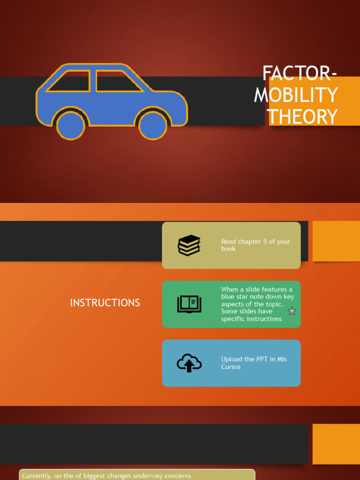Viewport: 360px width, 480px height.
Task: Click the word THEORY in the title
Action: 302,117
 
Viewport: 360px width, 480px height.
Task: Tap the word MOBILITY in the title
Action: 296,95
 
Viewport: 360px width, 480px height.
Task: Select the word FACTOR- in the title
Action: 300,74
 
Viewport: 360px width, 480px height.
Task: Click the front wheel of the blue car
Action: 153,125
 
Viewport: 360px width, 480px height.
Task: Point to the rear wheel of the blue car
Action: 71,125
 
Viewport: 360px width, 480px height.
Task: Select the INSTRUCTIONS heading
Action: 105,303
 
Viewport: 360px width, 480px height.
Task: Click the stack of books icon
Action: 189,245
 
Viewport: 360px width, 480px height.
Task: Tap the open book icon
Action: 189,304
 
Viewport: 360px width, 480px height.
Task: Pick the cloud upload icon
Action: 189,363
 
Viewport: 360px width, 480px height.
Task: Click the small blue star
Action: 292,311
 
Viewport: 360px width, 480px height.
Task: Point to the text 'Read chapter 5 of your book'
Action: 255,245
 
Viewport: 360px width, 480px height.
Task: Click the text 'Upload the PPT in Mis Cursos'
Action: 254,363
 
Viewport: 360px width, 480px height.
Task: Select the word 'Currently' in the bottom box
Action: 36,476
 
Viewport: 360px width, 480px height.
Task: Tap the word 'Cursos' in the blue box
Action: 231,367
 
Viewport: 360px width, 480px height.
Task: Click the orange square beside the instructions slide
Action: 336,241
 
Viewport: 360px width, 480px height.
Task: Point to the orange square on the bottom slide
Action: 336,444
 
